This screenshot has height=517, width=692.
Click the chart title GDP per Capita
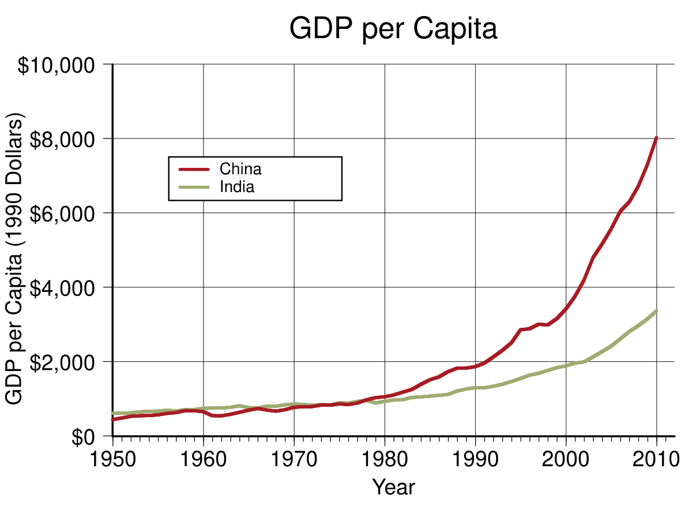393,29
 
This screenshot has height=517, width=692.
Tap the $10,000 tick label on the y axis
56,65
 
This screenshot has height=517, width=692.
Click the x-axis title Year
393,488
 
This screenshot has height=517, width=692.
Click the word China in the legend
240,169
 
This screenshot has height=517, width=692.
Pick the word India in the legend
237,187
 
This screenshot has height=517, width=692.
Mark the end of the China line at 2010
656,138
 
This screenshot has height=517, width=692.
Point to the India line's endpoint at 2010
656,311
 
